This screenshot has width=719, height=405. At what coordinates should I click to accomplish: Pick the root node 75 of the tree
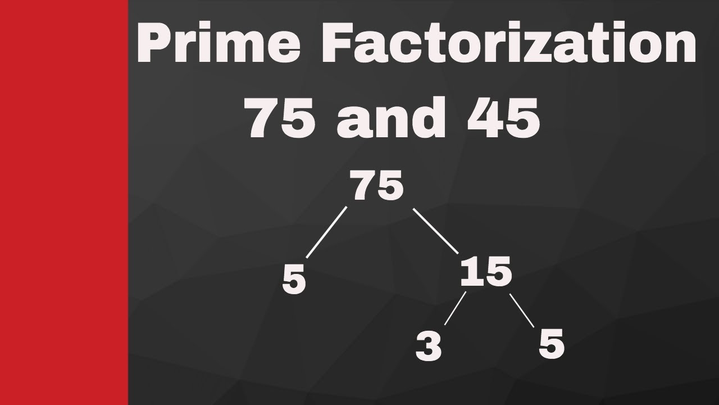click(377, 187)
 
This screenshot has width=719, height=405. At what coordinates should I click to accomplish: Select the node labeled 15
click(486, 274)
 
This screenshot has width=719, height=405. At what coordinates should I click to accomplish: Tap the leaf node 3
click(429, 346)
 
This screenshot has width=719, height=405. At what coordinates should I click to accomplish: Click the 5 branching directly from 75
click(294, 281)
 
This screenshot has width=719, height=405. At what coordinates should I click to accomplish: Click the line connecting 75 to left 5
click(327, 232)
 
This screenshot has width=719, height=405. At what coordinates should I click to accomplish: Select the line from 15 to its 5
click(522, 309)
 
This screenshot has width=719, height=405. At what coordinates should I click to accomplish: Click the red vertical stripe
click(63, 202)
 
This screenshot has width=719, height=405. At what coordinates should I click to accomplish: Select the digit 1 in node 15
click(470, 274)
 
